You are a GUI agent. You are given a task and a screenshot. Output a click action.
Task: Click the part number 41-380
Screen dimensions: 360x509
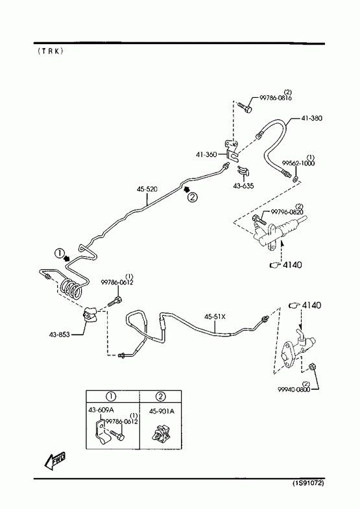pyautogui.click(x=311, y=118)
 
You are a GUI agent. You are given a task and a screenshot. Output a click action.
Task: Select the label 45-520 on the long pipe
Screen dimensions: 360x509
pyautogui.click(x=147, y=189)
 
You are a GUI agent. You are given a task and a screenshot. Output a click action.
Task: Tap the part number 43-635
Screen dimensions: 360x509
pyautogui.click(x=243, y=186)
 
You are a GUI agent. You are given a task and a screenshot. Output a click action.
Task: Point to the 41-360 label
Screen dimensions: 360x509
pyautogui.click(x=206, y=154)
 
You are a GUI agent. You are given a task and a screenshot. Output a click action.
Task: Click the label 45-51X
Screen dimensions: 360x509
pyautogui.click(x=215, y=316)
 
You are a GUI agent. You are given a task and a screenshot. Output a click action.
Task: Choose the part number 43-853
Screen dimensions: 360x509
pyautogui.click(x=59, y=335)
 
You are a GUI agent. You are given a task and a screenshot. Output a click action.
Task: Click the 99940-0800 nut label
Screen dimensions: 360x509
pyautogui.click(x=294, y=389)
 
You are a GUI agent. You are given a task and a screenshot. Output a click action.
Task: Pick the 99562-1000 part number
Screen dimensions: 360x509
pyautogui.click(x=298, y=163)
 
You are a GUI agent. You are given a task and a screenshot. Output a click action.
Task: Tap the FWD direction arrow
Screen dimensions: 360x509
pyautogui.click(x=55, y=460)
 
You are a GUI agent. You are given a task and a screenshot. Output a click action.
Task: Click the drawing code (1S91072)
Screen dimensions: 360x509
pyautogui.click(x=308, y=483)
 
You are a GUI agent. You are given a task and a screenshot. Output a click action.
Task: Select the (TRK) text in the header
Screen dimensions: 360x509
pyautogui.click(x=51, y=51)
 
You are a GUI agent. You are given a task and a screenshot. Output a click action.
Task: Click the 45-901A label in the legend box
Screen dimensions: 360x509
pyautogui.click(x=162, y=411)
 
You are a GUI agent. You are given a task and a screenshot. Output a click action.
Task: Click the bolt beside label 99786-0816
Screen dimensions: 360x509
pyautogui.click(x=245, y=108)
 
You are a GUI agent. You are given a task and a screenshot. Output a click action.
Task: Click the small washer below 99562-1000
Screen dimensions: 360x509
pyautogui.click(x=296, y=178)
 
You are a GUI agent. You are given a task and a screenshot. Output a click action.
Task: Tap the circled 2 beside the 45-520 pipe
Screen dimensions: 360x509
pyautogui.click(x=192, y=197)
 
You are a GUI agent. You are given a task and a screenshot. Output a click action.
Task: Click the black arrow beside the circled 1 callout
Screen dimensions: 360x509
pyautogui.click(x=67, y=258)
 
